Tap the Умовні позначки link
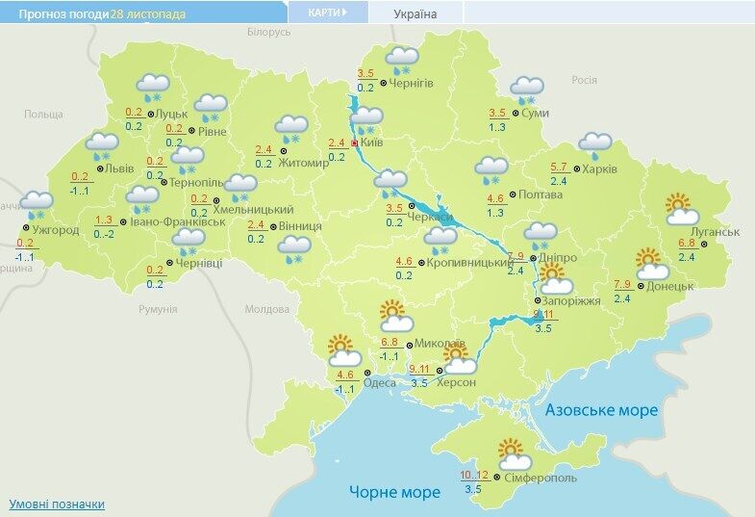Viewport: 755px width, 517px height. [57, 504]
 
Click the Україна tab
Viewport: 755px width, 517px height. [415, 14]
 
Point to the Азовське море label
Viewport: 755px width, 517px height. [602, 410]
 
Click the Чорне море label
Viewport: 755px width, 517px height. [394, 492]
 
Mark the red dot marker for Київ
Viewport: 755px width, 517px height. [354, 142]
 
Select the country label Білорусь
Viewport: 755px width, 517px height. [268, 32]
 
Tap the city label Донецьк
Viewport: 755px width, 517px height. [670, 286]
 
